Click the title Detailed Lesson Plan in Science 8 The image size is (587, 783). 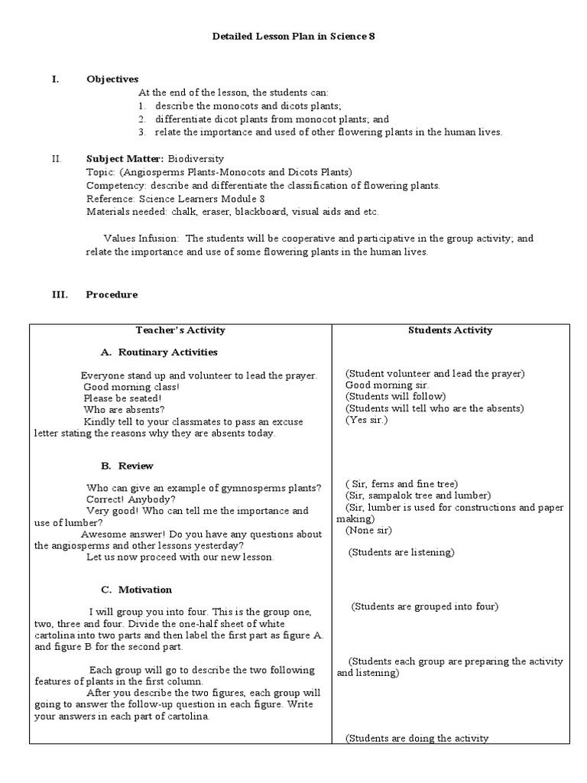(293, 37)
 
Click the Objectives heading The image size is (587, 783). (112, 79)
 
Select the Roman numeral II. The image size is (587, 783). (56, 158)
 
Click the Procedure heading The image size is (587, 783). (112, 294)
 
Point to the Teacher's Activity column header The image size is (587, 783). (180, 330)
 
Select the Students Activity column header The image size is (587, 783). (450, 330)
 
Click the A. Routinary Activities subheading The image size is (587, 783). (159, 353)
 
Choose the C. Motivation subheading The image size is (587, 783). (136, 590)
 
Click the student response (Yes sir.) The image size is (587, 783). (367, 420)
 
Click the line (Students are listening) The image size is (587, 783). (401, 552)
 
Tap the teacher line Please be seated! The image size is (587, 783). (122, 398)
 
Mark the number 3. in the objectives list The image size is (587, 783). (142, 132)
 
